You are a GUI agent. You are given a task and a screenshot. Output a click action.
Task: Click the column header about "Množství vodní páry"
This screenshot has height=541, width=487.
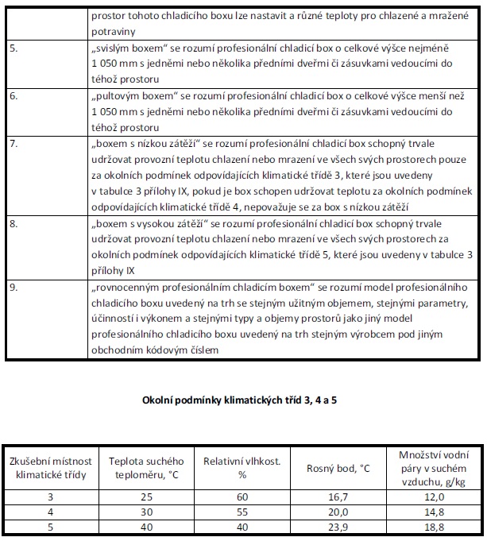(x=434, y=466)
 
